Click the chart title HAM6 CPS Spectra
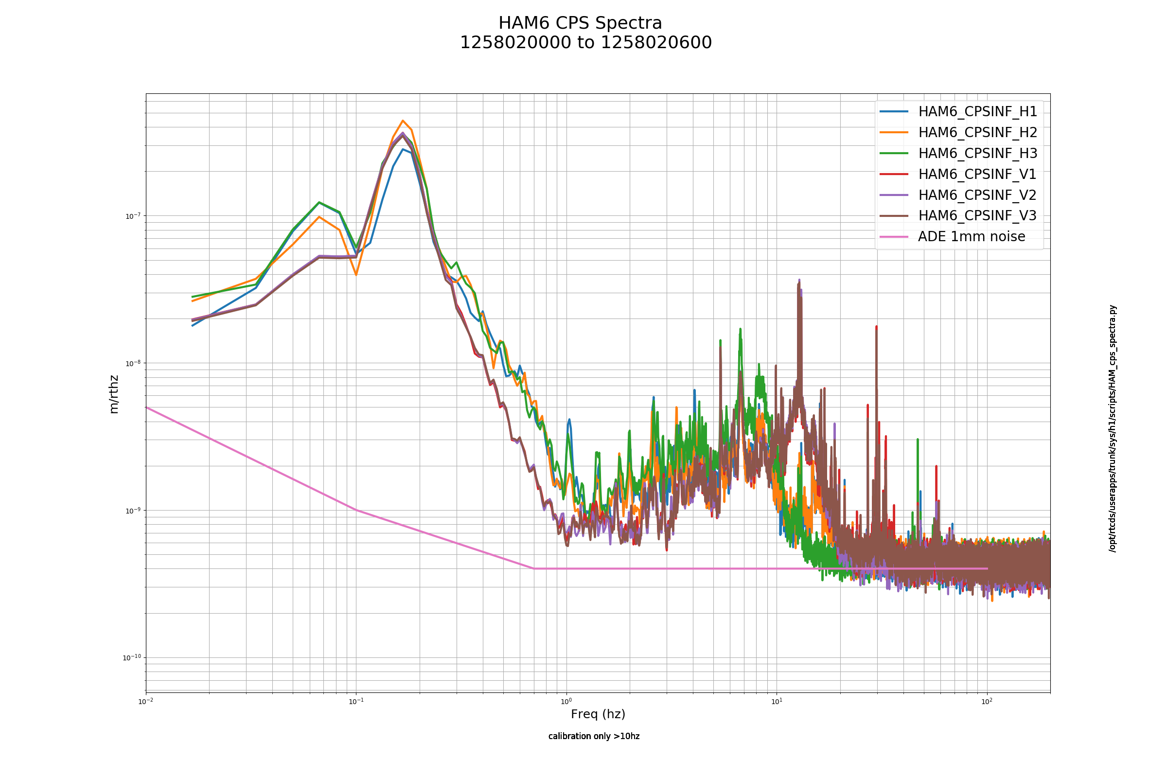pyautogui.click(x=580, y=23)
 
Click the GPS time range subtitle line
pyautogui.click(x=585, y=43)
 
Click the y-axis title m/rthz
pyautogui.click(x=114, y=394)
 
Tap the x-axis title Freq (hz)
pyautogui.click(x=598, y=714)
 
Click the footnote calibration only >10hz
pyautogui.click(x=594, y=736)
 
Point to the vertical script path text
pyautogui.click(x=1113, y=428)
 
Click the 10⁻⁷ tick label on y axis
pyautogui.click(x=133, y=216)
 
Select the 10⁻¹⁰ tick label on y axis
pyautogui.click(x=131, y=658)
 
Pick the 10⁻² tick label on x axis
pyautogui.click(x=146, y=702)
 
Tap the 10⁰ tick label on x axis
pyautogui.click(x=566, y=702)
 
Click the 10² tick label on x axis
pyautogui.click(x=987, y=702)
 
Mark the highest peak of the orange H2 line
pyautogui.click(x=403, y=121)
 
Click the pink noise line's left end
pyautogui.click(x=146, y=407)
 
